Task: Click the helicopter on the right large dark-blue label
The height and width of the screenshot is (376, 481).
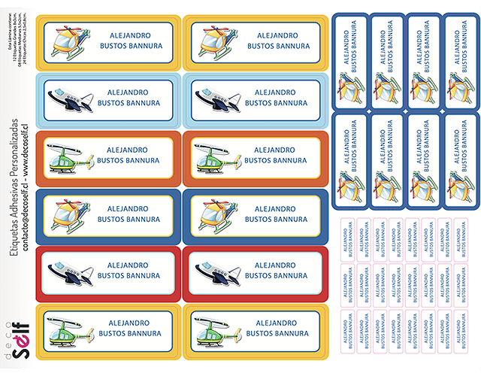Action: [217, 215]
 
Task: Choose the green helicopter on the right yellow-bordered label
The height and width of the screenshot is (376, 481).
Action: [217, 329]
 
